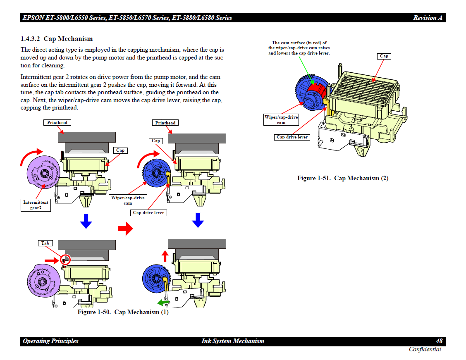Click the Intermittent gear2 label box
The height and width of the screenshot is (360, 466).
point(36,205)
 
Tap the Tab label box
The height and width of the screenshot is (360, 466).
point(45,243)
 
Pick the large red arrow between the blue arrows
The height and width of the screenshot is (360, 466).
point(125,228)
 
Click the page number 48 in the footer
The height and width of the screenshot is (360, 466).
point(439,341)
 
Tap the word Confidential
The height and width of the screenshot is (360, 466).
point(425,350)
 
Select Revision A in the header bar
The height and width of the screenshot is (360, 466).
point(428,18)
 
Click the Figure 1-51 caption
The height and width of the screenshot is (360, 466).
point(343,178)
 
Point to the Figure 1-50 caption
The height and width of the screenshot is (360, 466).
point(123,312)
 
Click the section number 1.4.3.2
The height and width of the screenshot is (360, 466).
point(30,39)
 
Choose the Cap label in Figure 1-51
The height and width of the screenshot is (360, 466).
point(384,56)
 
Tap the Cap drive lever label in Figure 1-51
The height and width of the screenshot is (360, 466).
point(292,137)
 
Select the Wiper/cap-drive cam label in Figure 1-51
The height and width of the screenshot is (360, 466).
point(281,120)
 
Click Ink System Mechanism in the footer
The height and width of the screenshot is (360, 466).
point(233,341)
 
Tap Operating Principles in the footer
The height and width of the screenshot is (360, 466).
point(50,341)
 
